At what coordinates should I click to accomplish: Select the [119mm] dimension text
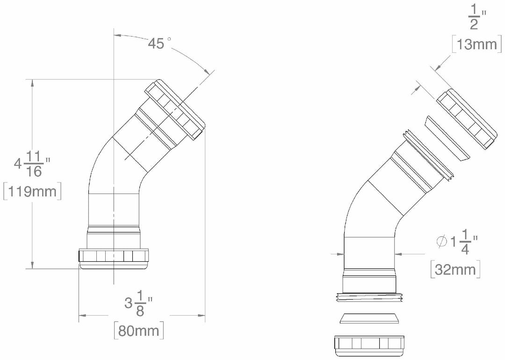pyautogui.click(x=32, y=192)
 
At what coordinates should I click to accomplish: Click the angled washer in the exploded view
pyautogui.click(x=446, y=140)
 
